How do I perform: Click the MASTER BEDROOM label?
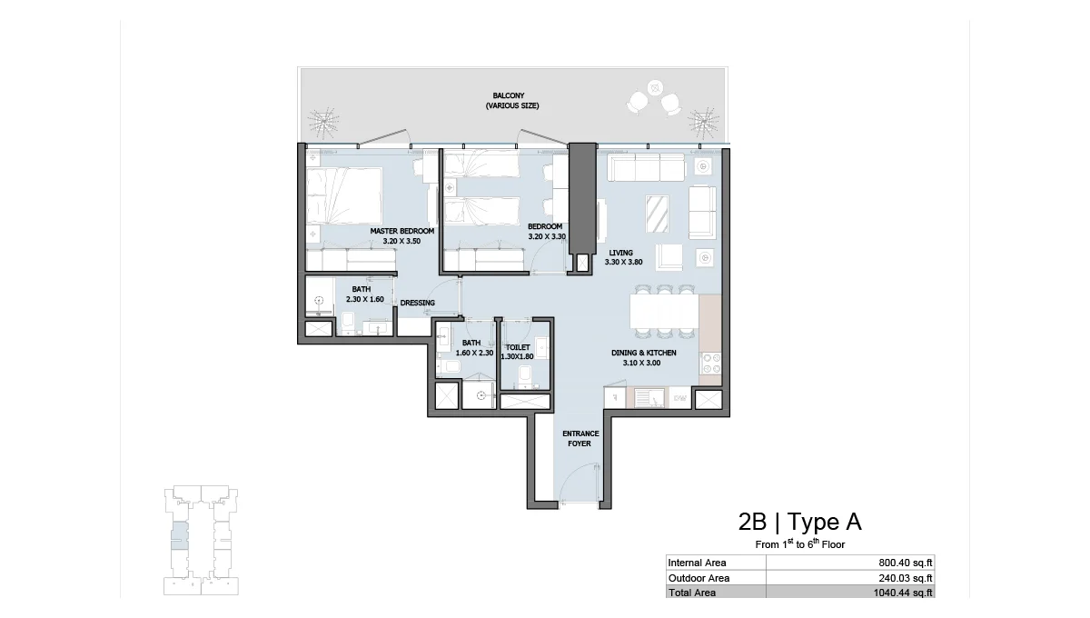click(401, 231)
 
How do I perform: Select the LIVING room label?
click(621, 253)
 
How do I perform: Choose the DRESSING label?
click(417, 303)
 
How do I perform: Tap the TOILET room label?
click(518, 347)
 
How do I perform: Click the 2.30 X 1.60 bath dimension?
click(365, 299)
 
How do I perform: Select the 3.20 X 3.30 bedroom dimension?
click(547, 237)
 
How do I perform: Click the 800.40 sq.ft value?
click(905, 563)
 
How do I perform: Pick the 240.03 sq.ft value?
click(905, 578)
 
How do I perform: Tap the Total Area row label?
click(692, 593)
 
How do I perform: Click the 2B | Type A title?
click(799, 522)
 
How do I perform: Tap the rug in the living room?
click(659, 214)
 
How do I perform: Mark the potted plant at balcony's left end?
click(322, 120)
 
